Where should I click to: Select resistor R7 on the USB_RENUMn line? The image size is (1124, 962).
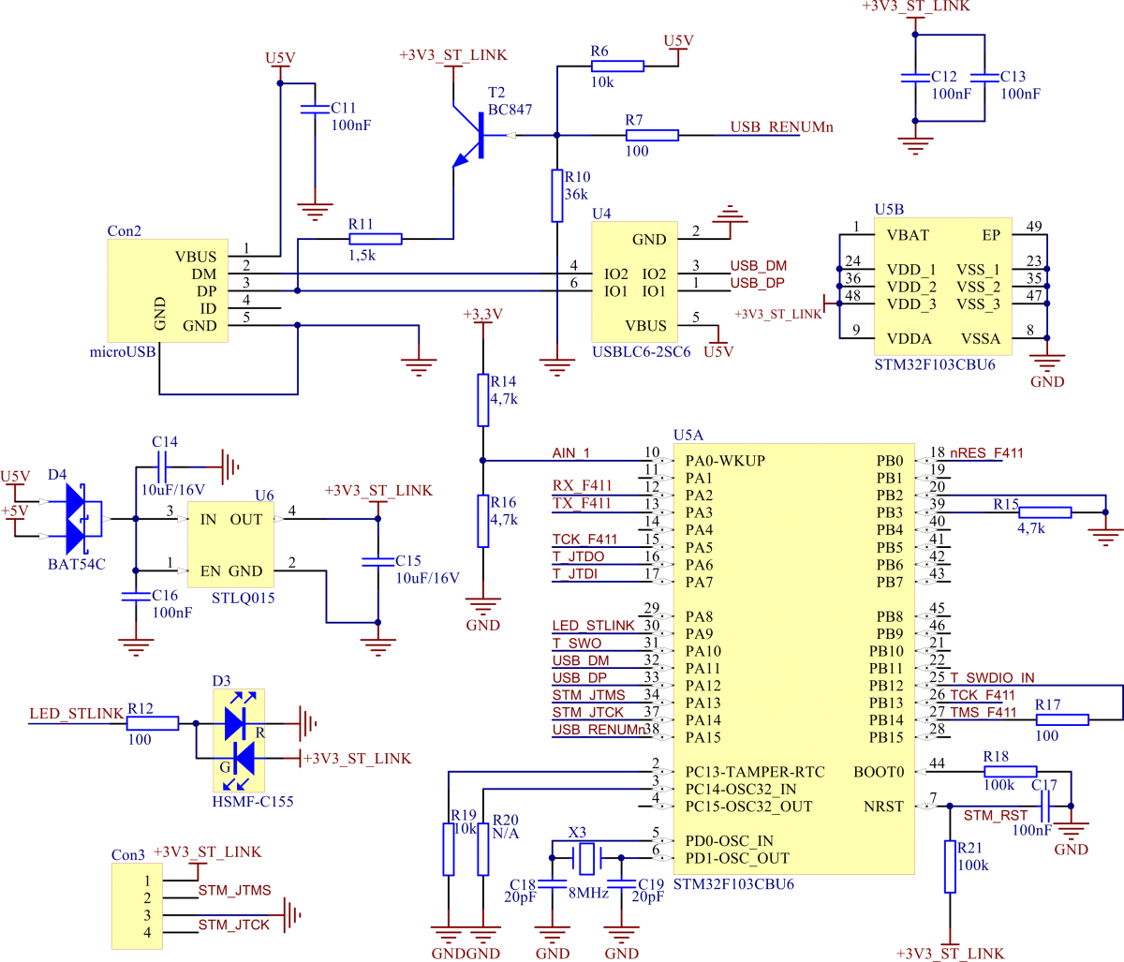[x=652, y=135]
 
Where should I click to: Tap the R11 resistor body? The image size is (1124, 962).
[x=376, y=239]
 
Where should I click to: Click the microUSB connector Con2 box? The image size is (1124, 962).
[x=168, y=290]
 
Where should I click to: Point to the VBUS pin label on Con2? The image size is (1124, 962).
[x=195, y=257]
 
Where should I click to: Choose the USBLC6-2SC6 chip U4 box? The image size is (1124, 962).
[x=634, y=282]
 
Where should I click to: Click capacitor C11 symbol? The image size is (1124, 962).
[x=314, y=110]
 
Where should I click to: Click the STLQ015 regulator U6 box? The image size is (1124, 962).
[x=230, y=544]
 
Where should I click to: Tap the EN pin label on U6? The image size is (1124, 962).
[x=210, y=570]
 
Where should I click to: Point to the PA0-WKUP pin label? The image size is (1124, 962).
[x=725, y=461]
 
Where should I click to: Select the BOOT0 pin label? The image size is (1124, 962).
[x=879, y=772]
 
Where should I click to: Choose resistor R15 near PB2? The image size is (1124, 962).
[x=1044, y=511]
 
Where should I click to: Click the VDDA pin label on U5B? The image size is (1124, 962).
[x=910, y=339]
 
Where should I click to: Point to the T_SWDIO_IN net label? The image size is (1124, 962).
[x=992, y=678]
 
